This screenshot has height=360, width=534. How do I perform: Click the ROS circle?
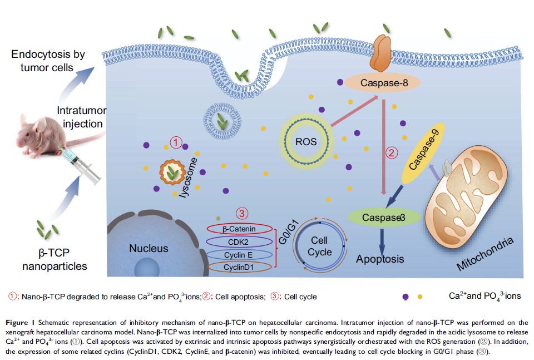click(x=306, y=142)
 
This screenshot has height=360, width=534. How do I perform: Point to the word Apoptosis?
click(x=380, y=259)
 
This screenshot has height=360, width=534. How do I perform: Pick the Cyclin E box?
click(x=238, y=254)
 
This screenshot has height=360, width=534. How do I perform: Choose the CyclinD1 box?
click(x=238, y=268)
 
